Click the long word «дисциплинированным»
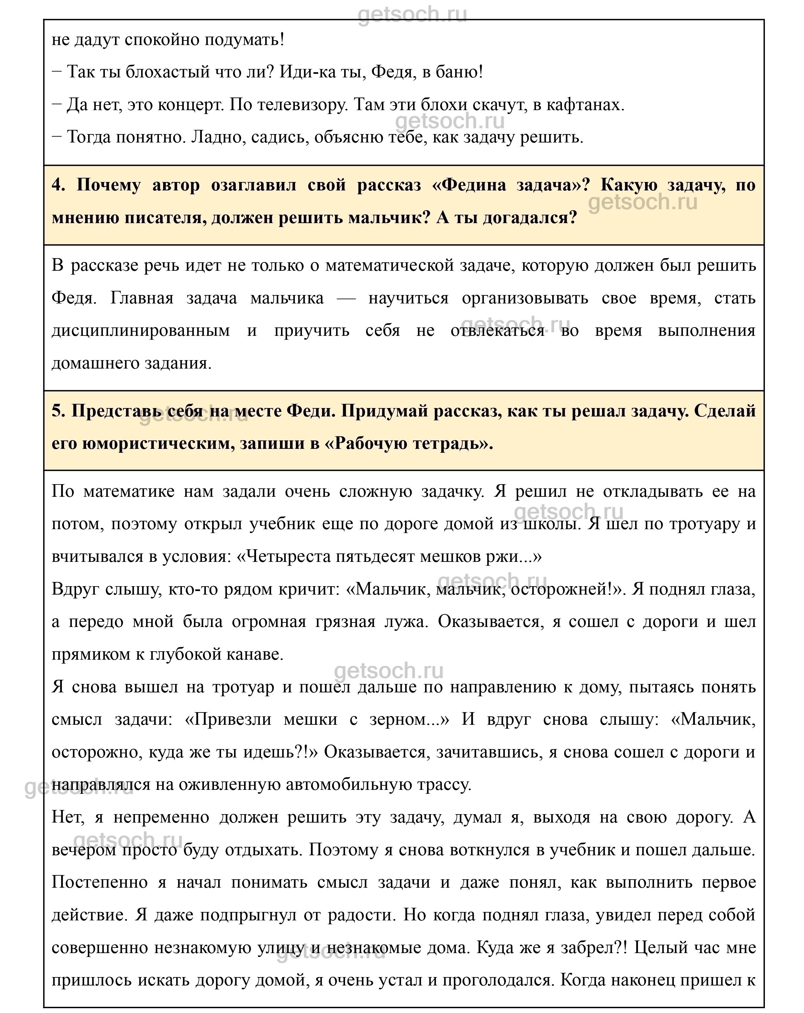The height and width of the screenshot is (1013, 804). click(140, 331)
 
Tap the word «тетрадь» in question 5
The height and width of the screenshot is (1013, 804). click(448, 444)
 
